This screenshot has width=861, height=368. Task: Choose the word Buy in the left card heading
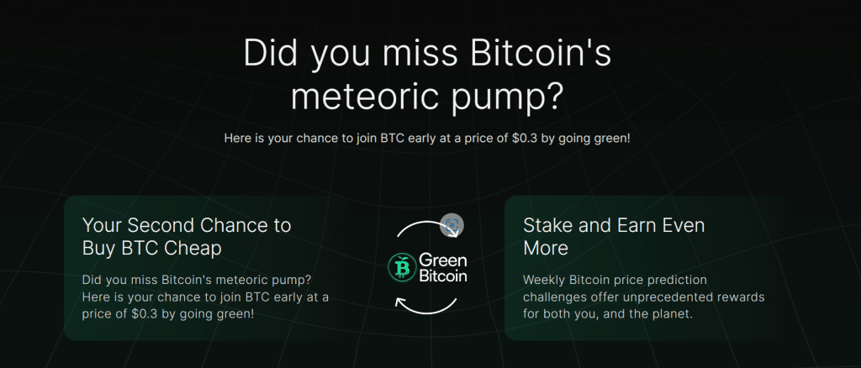point(102,248)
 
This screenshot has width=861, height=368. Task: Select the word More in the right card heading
point(546,248)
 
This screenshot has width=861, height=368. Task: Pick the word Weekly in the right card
point(546,279)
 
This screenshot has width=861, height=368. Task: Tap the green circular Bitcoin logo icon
point(401,267)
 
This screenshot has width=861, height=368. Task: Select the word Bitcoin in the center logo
point(443,276)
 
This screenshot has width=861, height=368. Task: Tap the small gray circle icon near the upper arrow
point(452,225)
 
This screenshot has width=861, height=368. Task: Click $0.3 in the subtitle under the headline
point(516,137)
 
